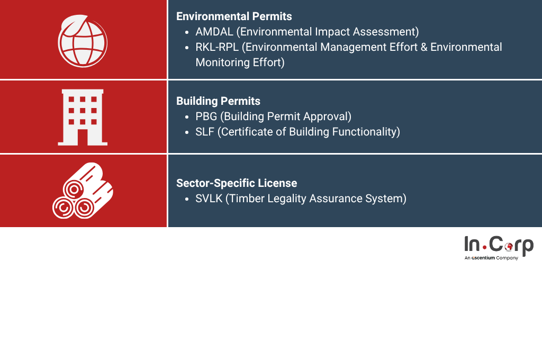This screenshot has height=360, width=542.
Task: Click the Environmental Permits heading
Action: (x=234, y=16)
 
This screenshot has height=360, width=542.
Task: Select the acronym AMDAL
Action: (x=214, y=32)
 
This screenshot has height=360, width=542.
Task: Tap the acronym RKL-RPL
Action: (x=217, y=47)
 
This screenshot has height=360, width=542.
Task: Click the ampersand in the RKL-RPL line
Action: (x=424, y=47)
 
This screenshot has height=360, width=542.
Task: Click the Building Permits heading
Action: (x=218, y=101)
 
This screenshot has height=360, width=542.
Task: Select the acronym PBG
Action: (x=206, y=116)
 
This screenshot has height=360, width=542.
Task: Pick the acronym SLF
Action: (x=205, y=132)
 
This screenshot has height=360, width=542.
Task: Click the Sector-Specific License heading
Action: (x=237, y=183)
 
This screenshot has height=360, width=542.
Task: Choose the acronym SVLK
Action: (x=209, y=199)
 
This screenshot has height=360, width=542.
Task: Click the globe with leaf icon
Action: (x=82, y=41)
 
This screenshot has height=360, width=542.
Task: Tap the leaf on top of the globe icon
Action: (x=73, y=25)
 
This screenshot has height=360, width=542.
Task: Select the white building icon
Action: (x=83, y=117)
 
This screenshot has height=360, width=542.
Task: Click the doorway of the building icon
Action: (x=83, y=137)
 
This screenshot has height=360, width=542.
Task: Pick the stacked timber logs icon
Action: (x=83, y=191)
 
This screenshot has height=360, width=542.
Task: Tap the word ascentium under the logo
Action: (x=483, y=258)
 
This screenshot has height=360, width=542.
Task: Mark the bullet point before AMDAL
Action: (x=187, y=32)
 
